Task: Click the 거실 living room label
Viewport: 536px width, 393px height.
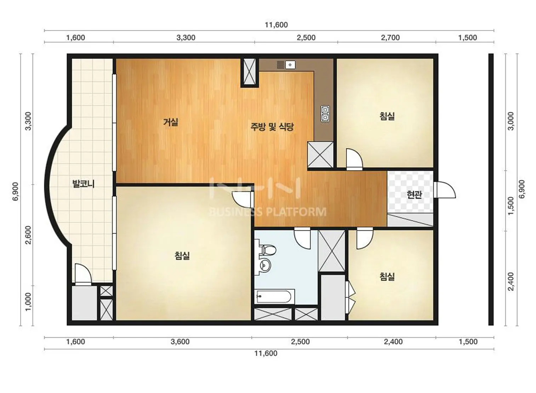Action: tap(171, 122)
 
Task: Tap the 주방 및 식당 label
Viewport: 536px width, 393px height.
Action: tap(272, 127)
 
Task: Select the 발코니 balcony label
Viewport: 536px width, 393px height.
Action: tap(84, 184)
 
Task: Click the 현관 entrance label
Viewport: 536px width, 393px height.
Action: tap(415, 195)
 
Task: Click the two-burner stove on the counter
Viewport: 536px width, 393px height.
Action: tap(325, 114)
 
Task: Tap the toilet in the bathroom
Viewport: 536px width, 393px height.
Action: tap(268, 250)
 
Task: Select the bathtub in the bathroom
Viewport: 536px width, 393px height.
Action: tap(274, 297)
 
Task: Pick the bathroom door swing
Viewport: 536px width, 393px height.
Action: tap(302, 238)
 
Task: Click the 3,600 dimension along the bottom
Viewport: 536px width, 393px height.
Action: tap(180, 342)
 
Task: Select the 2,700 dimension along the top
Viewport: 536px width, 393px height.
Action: tap(390, 38)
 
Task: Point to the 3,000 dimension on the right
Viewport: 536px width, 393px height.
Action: tap(511, 121)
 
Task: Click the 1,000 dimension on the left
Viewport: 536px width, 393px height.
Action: tap(28, 302)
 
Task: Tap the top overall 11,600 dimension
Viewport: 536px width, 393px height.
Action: tap(276, 25)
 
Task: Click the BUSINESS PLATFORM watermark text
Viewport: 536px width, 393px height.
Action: tap(268, 212)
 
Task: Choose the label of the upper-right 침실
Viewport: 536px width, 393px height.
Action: tap(387, 116)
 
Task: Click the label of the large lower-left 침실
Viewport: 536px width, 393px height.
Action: tap(182, 256)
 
